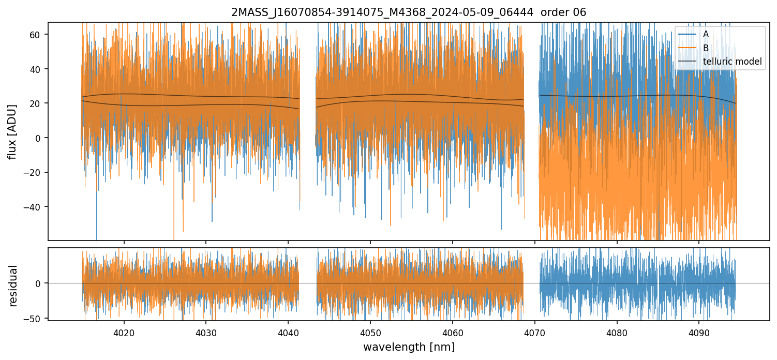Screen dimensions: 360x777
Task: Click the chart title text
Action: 409,12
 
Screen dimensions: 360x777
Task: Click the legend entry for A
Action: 705,34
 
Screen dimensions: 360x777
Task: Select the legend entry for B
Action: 705,48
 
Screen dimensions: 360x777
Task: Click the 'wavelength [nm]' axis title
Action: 409,347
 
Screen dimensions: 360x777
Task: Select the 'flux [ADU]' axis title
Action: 12,131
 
